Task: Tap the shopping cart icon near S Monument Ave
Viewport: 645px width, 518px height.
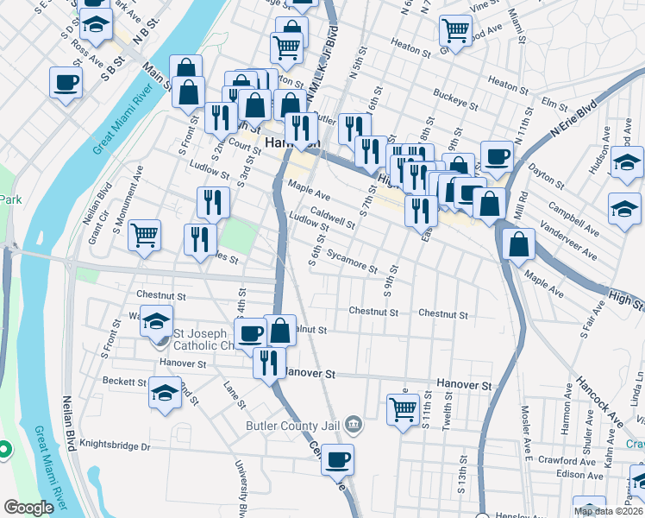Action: click(x=144, y=234)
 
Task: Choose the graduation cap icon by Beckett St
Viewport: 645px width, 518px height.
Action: click(x=165, y=393)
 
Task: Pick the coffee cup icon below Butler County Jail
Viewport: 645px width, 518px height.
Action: click(x=338, y=458)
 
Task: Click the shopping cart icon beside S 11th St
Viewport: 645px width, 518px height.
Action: click(x=403, y=409)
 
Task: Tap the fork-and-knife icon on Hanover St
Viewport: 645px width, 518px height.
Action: click(x=269, y=361)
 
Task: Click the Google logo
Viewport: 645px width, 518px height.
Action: click(x=28, y=508)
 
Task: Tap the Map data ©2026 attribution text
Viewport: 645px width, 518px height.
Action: click(x=609, y=511)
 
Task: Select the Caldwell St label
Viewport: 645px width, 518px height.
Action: click(x=333, y=217)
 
